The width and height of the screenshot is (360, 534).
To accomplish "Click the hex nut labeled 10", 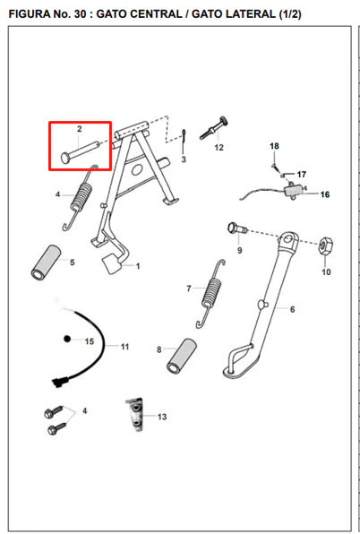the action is tap(326, 245).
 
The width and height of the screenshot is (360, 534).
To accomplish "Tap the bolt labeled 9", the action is tap(237, 228).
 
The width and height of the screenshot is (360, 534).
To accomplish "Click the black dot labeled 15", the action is tap(67, 339).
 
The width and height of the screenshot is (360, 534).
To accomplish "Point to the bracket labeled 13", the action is tap(134, 415).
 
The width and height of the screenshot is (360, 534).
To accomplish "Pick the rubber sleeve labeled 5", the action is tap(47, 263).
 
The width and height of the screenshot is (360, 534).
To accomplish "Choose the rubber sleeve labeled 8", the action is tap(182, 356).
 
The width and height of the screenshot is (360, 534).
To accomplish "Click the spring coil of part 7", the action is tap(211, 293).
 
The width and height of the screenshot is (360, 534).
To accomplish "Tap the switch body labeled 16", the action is tap(294, 191).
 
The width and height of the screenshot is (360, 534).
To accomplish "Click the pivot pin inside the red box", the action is tap(81, 152).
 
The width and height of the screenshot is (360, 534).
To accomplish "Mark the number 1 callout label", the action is tap(138, 265).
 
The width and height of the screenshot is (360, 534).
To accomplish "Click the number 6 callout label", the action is tap(292, 309).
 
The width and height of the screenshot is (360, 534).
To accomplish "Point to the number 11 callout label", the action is tap(124, 347).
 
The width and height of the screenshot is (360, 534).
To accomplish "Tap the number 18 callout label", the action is tap(274, 146).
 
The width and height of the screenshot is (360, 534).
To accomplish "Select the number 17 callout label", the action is tap(302, 175).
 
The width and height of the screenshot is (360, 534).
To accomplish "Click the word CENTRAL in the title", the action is tap(156, 14).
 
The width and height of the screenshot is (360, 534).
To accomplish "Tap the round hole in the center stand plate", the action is tap(137, 169).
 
